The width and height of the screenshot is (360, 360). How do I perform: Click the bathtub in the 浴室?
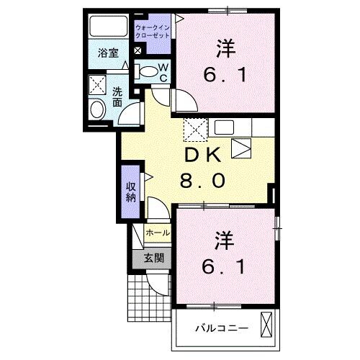pyautogui.click(x=108, y=27)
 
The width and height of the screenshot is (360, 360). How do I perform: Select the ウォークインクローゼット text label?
pyautogui.click(x=153, y=31)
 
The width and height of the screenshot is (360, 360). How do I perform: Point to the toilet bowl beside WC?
pyautogui.click(x=147, y=71)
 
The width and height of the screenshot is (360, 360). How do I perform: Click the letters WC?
pyautogui.click(x=163, y=72)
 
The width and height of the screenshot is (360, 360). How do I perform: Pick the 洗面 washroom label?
pyautogui.click(x=117, y=97)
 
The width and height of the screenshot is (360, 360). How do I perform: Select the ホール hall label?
pyautogui.click(x=158, y=233)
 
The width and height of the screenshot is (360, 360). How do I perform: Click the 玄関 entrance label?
pyautogui.click(x=153, y=258)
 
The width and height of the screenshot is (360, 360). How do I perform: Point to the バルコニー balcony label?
pyautogui.click(x=222, y=328)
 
